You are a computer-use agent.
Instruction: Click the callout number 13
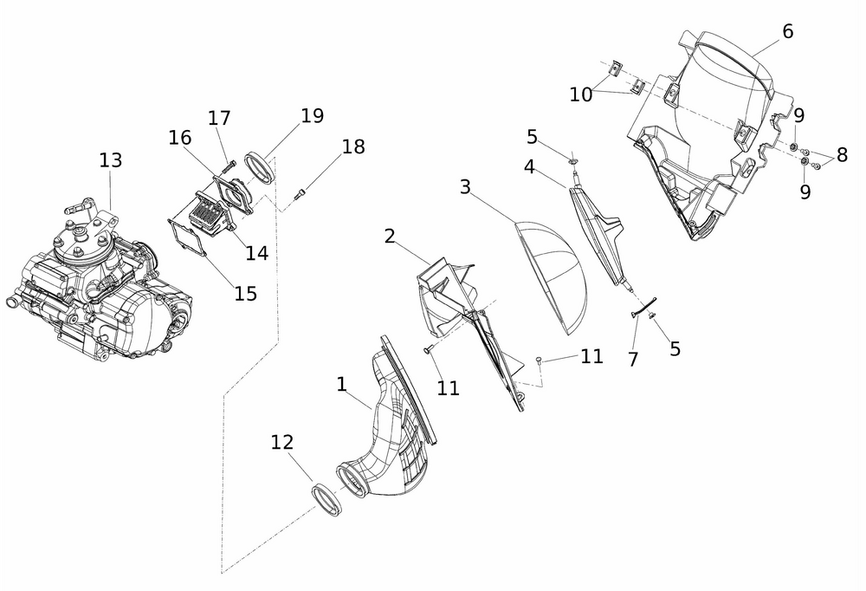pyautogui.click(x=110, y=160)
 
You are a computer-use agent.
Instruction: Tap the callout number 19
pyautogui.click(x=312, y=116)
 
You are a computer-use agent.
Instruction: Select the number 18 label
pyautogui.click(x=353, y=146)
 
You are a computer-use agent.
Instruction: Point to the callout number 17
pyautogui.click(x=219, y=117)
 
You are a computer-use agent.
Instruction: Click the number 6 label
pyautogui.click(x=786, y=31)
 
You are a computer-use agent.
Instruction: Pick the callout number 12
pyautogui.click(x=282, y=442)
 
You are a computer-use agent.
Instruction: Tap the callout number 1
pyautogui.click(x=342, y=381)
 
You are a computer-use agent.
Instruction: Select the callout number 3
pyautogui.click(x=465, y=187)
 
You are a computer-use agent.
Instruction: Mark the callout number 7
pyautogui.click(x=633, y=359)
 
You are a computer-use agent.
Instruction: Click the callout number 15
pyautogui.click(x=246, y=293)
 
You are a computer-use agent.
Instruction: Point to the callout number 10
pyautogui.click(x=581, y=94)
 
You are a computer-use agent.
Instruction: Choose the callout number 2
pyautogui.click(x=390, y=236)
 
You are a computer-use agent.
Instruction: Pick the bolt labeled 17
pyautogui.click(x=228, y=165)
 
